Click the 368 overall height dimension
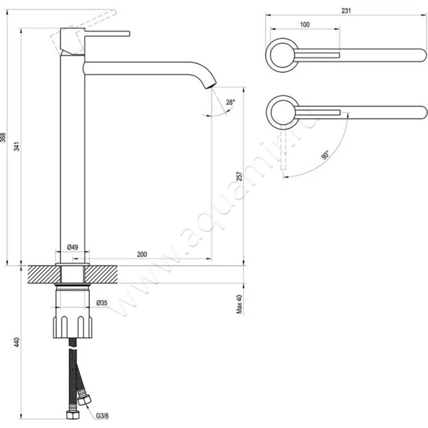pyautogui.click(x=5, y=137)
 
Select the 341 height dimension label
pyautogui.click(x=18, y=147)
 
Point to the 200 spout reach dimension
pyautogui.click(x=142, y=254)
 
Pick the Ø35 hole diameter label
pyautogui.click(x=102, y=303)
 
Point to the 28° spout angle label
pyautogui.click(x=230, y=102)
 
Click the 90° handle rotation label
pyautogui.click(x=325, y=156)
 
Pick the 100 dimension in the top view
pyautogui.click(x=304, y=25)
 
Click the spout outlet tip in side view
pyautogui.click(x=211, y=85)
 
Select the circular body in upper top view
pyautogui.click(x=281, y=55)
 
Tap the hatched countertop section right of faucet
pyautogui.click(x=102, y=274)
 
